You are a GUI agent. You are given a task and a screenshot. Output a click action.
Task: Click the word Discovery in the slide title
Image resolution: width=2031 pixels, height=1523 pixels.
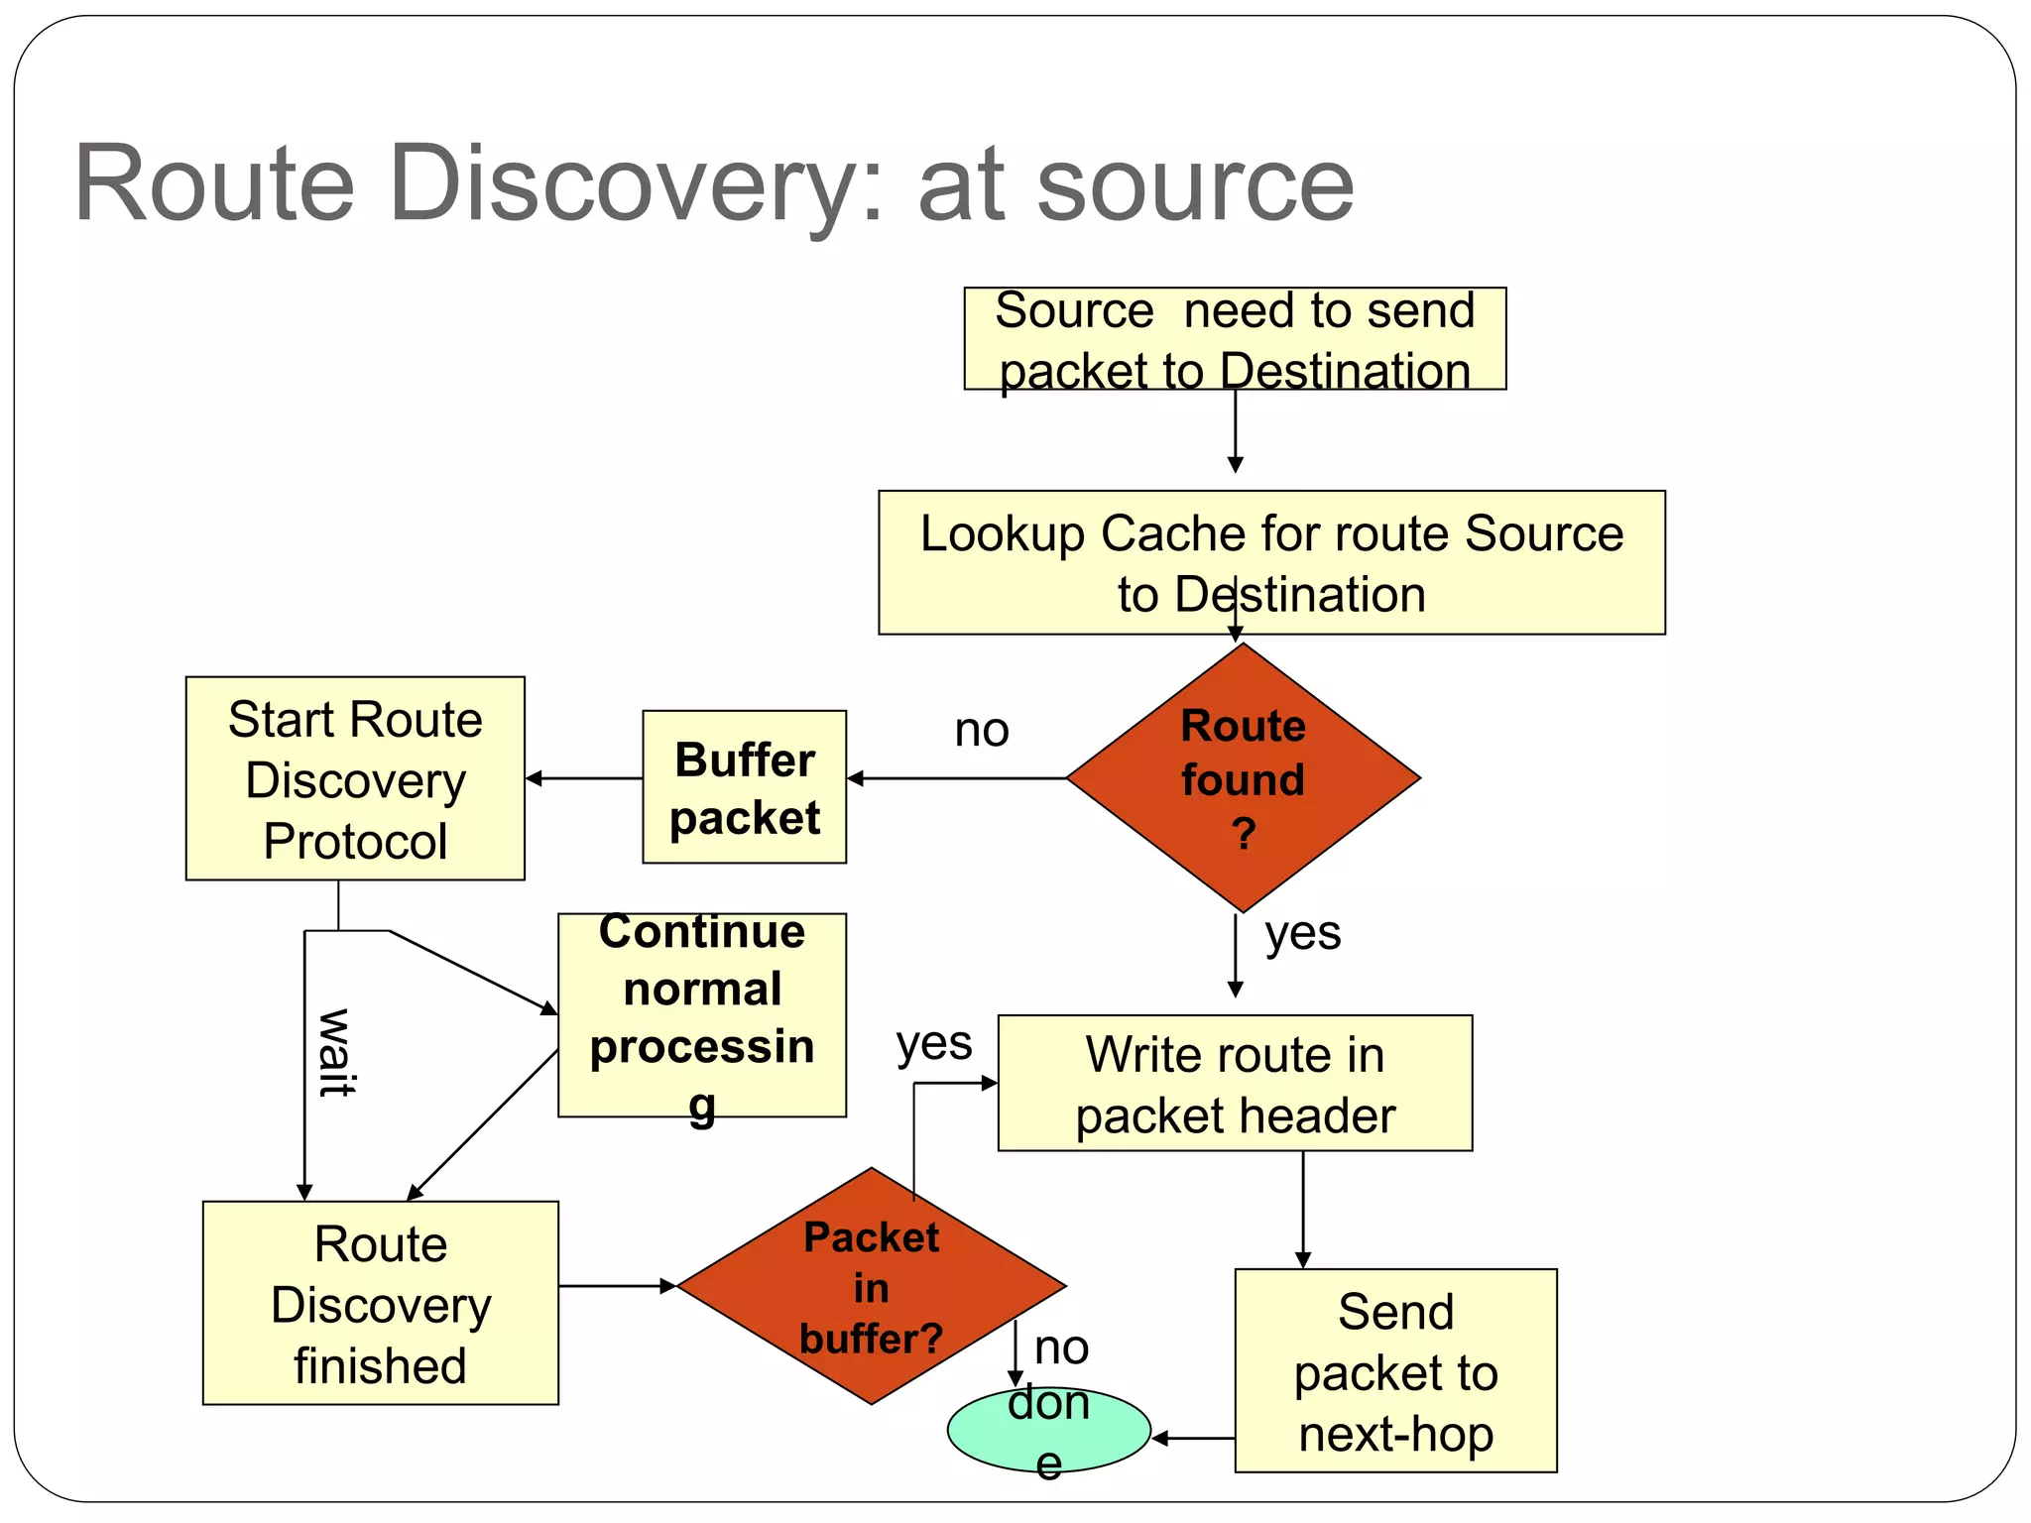tap(635, 185)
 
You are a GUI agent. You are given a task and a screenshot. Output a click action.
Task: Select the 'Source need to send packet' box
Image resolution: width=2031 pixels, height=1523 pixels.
tap(1235, 339)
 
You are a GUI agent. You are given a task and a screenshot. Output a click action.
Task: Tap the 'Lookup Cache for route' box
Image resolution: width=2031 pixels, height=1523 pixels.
tap(1271, 562)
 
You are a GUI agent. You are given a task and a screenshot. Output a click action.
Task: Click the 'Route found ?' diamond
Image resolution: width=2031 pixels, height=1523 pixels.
tap(1243, 778)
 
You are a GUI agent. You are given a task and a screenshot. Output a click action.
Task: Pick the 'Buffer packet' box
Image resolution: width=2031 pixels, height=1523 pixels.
tap(744, 787)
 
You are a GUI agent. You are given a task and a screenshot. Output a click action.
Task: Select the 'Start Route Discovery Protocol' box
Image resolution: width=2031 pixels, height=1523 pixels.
tap(355, 778)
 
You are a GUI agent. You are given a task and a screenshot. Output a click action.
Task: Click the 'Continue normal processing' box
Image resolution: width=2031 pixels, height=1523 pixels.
tap(702, 1015)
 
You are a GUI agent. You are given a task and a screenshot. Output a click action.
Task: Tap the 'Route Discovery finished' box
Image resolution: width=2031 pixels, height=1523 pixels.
tap(380, 1303)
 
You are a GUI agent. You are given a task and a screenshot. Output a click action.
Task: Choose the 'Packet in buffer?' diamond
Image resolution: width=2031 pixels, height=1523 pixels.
tap(871, 1286)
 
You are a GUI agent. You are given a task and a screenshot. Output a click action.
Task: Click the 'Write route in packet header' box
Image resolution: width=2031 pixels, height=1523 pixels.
tap(1235, 1083)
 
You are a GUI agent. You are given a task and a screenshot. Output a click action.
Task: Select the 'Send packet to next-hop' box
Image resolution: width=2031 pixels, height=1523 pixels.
tap(1395, 1370)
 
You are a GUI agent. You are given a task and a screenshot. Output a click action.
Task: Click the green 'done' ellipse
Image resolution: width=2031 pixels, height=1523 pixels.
tap(1048, 1430)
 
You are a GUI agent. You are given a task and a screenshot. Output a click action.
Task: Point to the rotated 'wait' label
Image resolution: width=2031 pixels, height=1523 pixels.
tap(335, 1052)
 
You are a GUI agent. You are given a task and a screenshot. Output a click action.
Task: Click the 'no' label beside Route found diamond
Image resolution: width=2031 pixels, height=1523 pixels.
tap(982, 731)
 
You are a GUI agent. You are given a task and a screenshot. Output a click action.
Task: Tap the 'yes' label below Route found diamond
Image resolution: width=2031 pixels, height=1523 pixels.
tap(1302, 933)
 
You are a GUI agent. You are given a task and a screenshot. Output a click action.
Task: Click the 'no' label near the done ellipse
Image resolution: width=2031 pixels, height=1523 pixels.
tap(1061, 1347)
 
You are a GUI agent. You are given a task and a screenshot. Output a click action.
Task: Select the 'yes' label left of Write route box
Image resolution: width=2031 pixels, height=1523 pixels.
tap(933, 1043)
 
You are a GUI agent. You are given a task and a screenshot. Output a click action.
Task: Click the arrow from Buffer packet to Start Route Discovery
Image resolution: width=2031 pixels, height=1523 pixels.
tap(584, 778)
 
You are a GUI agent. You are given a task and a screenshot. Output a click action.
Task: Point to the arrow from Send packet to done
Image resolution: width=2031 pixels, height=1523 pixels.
tap(1193, 1438)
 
